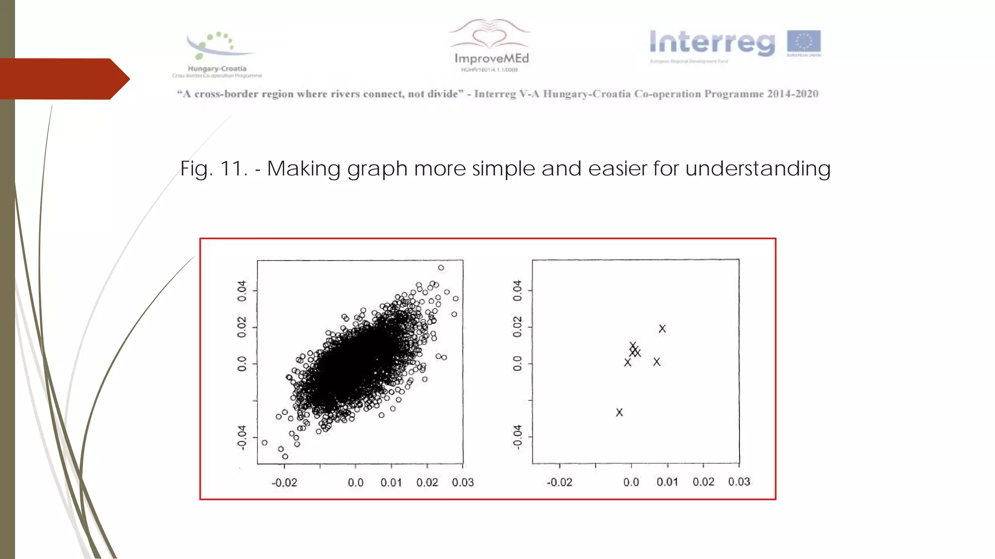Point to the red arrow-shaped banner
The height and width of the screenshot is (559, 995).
click(x=63, y=79)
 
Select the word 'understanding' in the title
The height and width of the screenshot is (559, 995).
click(x=758, y=169)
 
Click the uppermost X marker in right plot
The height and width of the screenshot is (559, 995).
click(x=662, y=329)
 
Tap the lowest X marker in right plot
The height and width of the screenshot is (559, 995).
click(x=619, y=412)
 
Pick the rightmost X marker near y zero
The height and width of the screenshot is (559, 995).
click(x=657, y=362)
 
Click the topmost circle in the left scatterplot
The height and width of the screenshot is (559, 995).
click(x=441, y=268)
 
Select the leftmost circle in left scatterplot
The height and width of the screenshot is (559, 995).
click(x=264, y=443)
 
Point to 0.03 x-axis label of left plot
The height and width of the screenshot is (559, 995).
click(x=463, y=482)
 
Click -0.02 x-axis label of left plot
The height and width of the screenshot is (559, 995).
click(x=284, y=483)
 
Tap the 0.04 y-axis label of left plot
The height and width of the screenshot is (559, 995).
click(x=241, y=291)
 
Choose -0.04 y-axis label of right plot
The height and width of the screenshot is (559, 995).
click(x=517, y=437)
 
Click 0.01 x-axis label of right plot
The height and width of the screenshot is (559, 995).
click(x=667, y=482)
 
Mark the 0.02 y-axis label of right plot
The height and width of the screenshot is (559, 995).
click(x=517, y=327)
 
